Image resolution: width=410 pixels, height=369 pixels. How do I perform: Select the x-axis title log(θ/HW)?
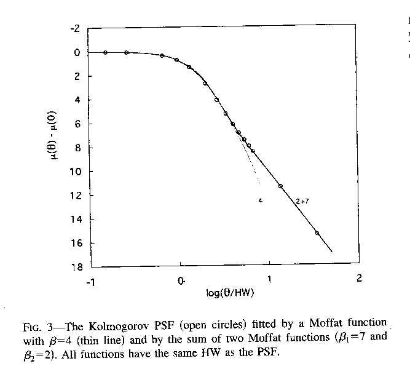coord(231,292)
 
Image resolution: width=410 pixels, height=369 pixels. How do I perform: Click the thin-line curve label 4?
coord(260,200)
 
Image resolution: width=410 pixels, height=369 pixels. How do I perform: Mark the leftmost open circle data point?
coord(106,52)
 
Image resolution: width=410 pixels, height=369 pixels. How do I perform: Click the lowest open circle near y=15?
coord(317,233)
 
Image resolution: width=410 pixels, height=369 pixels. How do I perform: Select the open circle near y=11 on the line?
coord(280,186)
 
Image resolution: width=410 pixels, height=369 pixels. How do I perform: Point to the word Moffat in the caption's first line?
coord(314,323)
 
